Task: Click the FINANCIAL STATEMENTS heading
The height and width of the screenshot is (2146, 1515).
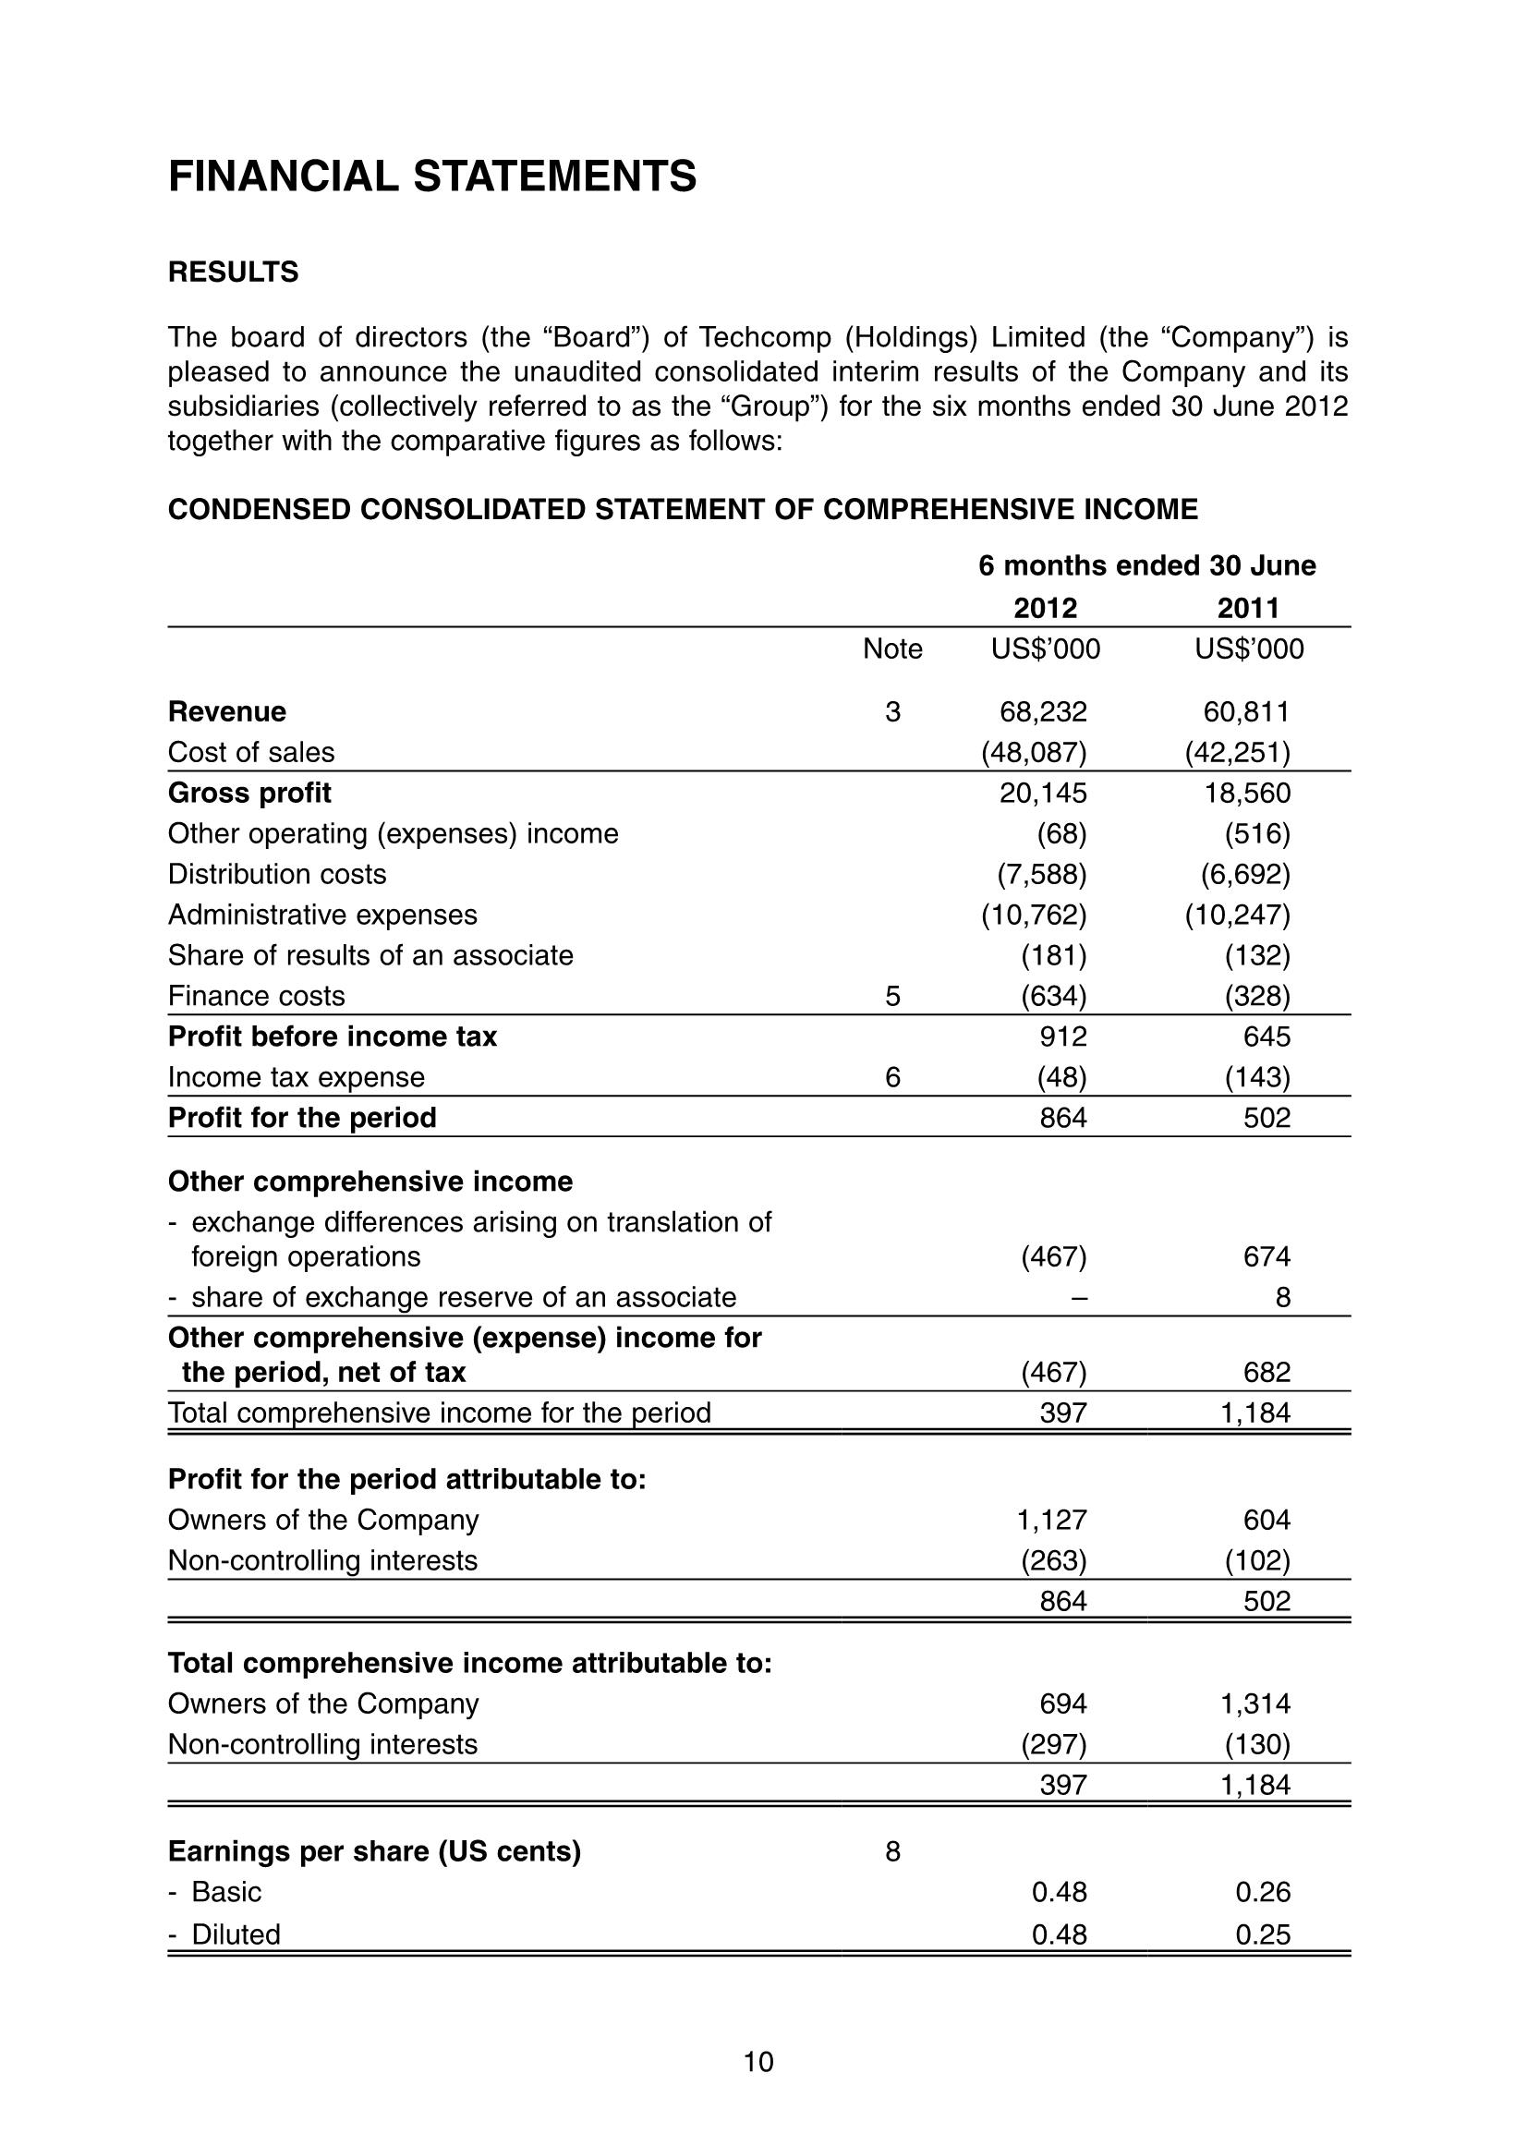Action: pyautogui.click(x=431, y=176)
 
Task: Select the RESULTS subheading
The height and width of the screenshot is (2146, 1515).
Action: pyautogui.click(x=233, y=272)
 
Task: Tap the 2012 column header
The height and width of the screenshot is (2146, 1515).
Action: pyautogui.click(x=1045, y=609)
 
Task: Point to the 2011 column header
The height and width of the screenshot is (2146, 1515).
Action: pyautogui.click(x=1248, y=609)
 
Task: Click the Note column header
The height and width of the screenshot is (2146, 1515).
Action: pyautogui.click(x=892, y=649)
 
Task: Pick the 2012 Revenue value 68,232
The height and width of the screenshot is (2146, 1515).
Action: pyautogui.click(x=1043, y=712)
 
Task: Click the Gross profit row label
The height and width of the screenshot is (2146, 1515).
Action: pyautogui.click(x=249, y=793)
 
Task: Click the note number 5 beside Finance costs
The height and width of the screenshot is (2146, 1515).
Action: pyautogui.click(x=892, y=997)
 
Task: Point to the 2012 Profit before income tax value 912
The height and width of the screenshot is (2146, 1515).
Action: pyautogui.click(x=1063, y=1037)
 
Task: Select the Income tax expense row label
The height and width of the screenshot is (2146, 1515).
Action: pyautogui.click(x=297, y=1078)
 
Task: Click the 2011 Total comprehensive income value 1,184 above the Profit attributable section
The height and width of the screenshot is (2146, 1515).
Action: pyautogui.click(x=1255, y=1412)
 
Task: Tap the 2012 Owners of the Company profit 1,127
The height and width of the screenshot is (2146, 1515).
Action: pyautogui.click(x=1051, y=1520)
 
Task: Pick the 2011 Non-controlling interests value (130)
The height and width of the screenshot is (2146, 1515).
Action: pyautogui.click(x=1257, y=1744)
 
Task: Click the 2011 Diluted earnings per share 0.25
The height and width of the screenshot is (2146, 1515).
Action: pyautogui.click(x=1263, y=1934)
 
